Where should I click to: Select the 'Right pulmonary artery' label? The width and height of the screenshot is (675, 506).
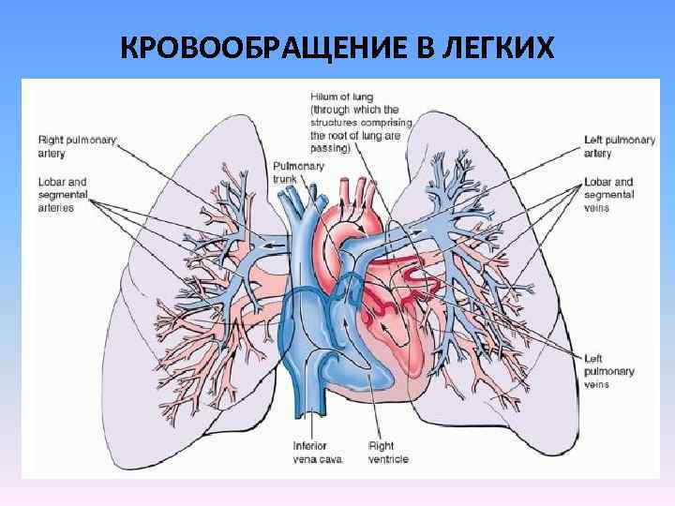[x=77, y=145]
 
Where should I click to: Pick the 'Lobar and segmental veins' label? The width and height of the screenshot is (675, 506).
[x=608, y=194]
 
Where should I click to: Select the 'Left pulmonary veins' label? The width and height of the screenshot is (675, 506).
[x=609, y=370]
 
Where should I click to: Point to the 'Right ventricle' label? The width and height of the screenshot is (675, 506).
[x=388, y=452]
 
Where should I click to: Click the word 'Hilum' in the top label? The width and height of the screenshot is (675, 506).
[x=325, y=96]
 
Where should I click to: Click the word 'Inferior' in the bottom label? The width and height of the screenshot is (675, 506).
[x=308, y=445]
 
